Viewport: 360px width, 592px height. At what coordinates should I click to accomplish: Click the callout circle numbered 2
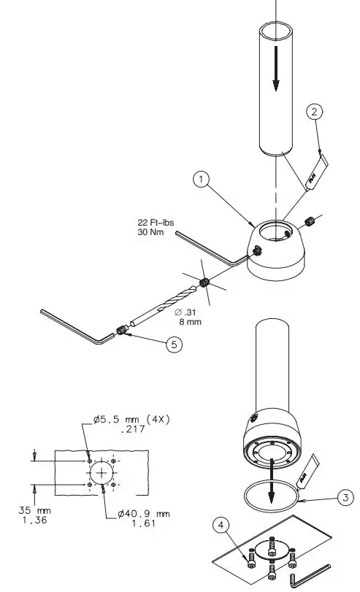tap(314, 112)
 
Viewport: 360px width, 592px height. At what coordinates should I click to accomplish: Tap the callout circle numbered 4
tap(223, 524)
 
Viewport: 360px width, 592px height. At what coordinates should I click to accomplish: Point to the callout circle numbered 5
tap(172, 345)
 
